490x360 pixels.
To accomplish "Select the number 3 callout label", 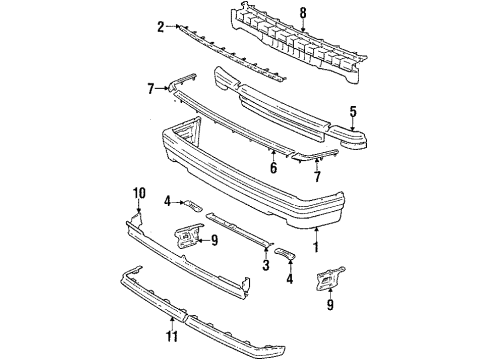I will pos(264,265).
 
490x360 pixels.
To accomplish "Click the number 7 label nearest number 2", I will pos(151,89).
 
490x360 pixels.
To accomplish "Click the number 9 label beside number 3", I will pos(214,239).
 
